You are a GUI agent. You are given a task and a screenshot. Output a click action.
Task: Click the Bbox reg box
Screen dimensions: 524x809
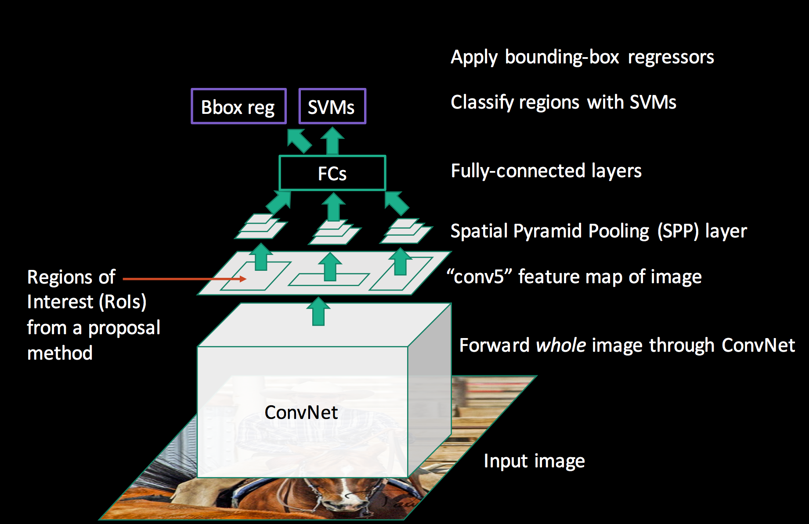tap(238, 106)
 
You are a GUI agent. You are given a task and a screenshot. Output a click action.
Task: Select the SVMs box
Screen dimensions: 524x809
tap(332, 106)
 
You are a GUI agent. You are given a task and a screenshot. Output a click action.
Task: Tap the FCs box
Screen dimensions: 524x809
tap(332, 173)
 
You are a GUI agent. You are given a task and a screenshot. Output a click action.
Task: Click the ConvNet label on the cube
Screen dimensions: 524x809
tap(301, 412)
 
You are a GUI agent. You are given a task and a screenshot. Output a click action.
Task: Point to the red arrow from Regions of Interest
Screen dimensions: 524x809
tap(184, 279)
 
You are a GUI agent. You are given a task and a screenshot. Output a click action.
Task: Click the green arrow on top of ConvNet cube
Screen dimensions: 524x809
tap(318, 312)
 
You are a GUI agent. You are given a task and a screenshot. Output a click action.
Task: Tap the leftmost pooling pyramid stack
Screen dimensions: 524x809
tap(261, 226)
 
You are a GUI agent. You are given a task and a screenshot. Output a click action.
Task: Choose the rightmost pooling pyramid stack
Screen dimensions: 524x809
tap(406, 231)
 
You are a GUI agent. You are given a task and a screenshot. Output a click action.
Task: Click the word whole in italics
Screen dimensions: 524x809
tap(561, 345)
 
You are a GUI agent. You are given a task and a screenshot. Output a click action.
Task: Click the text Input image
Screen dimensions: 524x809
tap(534, 461)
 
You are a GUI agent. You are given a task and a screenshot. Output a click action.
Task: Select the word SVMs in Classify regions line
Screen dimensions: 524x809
tap(653, 102)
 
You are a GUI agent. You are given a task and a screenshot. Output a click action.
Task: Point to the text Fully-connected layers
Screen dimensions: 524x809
tap(546, 171)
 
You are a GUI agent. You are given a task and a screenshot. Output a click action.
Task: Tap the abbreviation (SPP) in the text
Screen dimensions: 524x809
tap(678, 231)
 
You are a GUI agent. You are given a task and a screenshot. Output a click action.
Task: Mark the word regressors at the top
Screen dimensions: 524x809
tap(671, 58)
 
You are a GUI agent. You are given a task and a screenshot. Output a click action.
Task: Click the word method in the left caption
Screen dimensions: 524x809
tap(60, 353)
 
